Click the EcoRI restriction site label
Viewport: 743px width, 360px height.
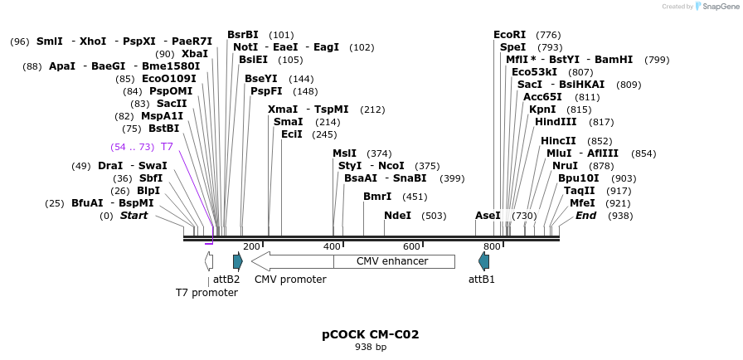509,35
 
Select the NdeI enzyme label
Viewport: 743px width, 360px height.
397,216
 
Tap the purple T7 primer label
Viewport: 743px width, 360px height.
167,147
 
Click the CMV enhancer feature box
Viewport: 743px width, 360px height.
393,261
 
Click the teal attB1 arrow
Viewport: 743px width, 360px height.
483,261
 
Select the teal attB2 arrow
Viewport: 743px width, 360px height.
237,261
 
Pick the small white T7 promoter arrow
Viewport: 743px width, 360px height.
209,261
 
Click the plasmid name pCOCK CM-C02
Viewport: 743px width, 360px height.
371,335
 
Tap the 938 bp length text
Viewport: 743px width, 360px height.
371,348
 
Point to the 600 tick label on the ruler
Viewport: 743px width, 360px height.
411,247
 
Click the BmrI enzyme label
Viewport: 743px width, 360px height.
377,197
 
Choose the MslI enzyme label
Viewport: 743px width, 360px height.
344,153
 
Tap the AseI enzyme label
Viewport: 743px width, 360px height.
488,216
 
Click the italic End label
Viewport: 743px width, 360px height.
585,216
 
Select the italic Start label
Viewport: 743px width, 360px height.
134,216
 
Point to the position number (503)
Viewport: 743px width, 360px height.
434,216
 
